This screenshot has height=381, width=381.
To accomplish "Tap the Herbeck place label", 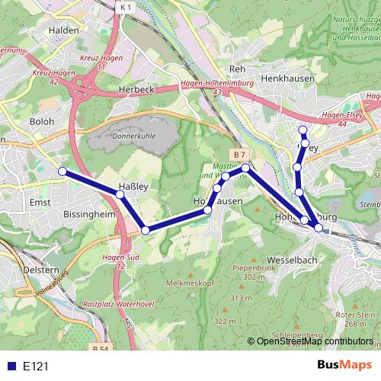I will (x=137, y=89).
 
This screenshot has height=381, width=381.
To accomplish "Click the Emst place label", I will (x=38, y=202).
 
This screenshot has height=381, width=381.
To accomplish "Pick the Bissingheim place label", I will (x=91, y=215).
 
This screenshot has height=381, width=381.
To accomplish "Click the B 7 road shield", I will (x=240, y=155).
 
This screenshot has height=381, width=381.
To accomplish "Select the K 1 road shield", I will (x=126, y=8).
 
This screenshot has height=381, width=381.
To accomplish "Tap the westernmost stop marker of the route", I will (x=62, y=172).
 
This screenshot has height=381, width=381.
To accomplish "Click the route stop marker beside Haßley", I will (x=120, y=195).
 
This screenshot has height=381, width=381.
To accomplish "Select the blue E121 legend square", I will (x=9, y=367).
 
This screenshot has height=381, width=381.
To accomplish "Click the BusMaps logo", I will (x=344, y=366).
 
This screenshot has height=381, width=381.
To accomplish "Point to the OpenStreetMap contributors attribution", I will (x=314, y=341).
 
